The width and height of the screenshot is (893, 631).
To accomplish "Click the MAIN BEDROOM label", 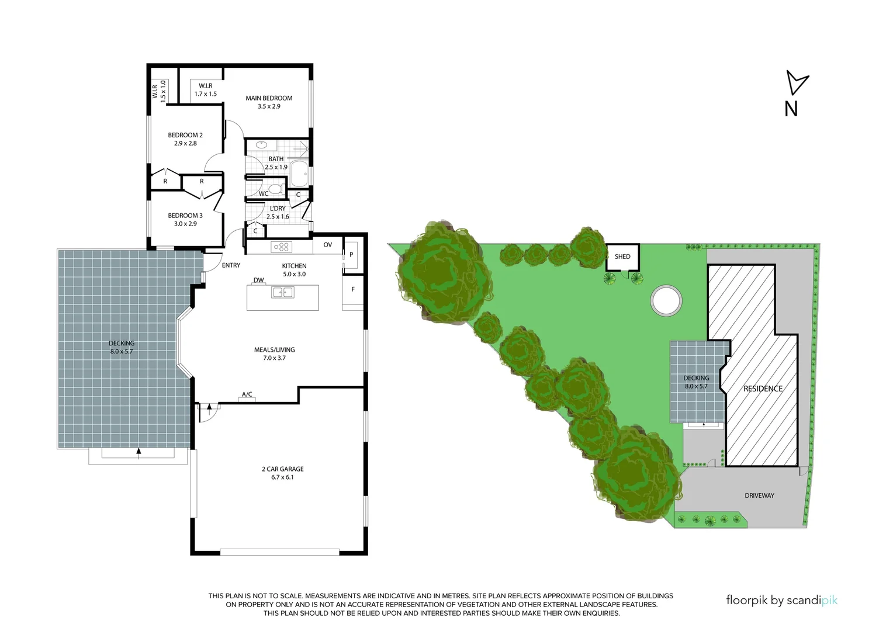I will tap(269, 98).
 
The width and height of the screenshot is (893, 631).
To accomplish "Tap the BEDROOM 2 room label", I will tap(185, 135).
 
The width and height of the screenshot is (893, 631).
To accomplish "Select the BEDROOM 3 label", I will tap(185, 216).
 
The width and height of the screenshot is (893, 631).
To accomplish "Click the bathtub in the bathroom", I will tap(299, 173).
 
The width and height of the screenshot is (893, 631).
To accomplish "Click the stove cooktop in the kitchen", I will tap(281, 247).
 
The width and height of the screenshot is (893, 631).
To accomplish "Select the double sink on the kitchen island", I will tap(282, 292).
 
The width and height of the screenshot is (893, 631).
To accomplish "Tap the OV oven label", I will tap(328, 245).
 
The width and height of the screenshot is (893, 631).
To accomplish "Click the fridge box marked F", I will tap(352, 290).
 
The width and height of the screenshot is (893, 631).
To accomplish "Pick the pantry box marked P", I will tap(351, 255).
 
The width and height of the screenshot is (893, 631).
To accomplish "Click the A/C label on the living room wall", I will tap(247, 395).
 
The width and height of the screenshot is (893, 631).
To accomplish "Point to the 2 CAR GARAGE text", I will tap(282, 469).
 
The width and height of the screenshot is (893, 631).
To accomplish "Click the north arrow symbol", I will tap(795, 84).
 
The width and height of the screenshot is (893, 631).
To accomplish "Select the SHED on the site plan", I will tap(622, 256).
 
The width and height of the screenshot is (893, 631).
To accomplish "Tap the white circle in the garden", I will tap(666, 300).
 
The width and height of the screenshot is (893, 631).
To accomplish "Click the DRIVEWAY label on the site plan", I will tap(759, 495).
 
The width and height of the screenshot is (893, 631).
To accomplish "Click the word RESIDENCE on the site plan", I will tap(763, 389).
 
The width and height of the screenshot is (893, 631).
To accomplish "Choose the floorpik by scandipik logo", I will tap(781, 600).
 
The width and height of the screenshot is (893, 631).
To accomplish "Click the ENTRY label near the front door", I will tap(231, 265).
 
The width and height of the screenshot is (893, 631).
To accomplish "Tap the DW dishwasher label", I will tap(258, 280).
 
